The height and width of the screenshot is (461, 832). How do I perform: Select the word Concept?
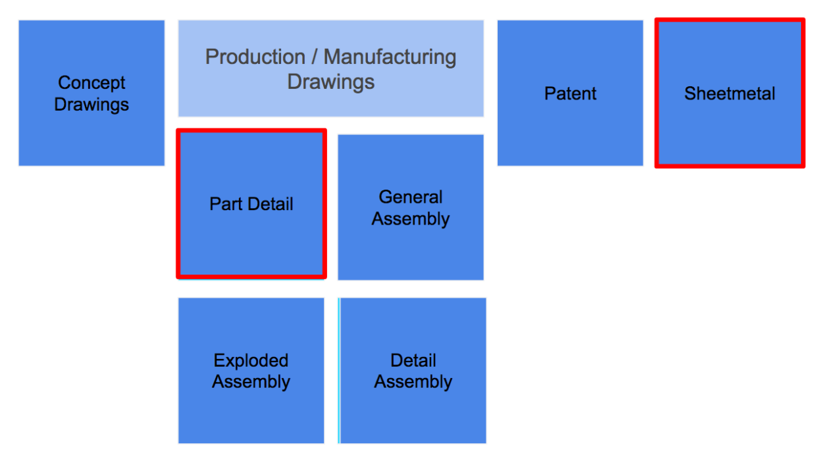[x=91, y=83]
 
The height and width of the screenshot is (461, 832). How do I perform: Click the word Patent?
[x=570, y=94]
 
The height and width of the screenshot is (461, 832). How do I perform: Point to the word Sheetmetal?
[x=729, y=94]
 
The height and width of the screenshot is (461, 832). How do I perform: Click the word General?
[x=411, y=197]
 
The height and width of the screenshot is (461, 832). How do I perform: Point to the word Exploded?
[x=251, y=361]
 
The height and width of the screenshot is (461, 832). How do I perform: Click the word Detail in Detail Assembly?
[x=413, y=361]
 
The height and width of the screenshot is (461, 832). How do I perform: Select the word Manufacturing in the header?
[x=390, y=57]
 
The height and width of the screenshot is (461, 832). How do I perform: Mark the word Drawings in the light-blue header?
[x=331, y=82]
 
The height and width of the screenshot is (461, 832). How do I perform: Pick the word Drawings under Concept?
[x=91, y=104]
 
